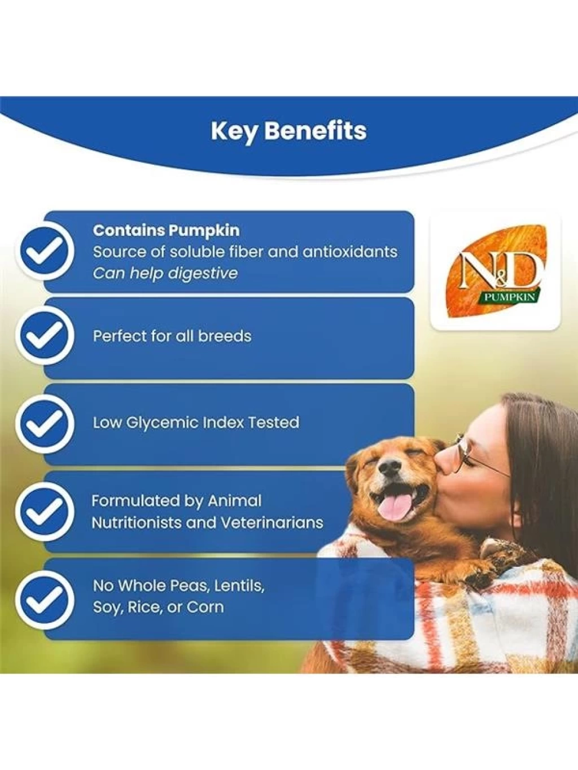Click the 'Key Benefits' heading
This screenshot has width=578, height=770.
click(x=288, y=131)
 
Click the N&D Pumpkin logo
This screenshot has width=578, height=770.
click(x=495, y=271)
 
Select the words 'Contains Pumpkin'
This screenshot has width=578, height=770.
click(x=167, y=231)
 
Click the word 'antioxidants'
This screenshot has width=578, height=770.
click(x=350, y=252)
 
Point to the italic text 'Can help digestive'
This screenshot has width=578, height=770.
click(x=165, y=273)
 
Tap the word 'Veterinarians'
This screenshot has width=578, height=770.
click(x=272, y=523)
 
